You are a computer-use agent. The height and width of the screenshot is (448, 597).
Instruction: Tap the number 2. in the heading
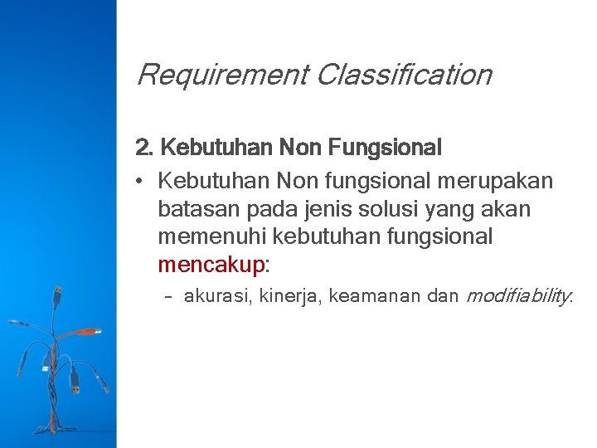144,149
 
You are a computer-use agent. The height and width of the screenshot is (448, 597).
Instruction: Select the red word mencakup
211,265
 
